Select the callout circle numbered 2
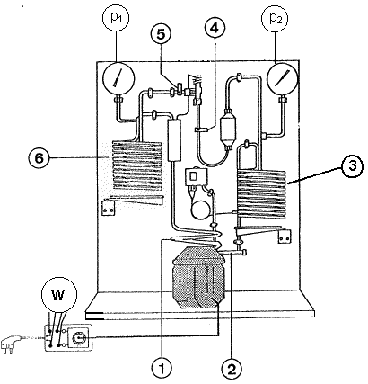tap(232, 369)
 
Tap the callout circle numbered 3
tap(353, 166)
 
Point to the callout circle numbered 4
tap(215, 28)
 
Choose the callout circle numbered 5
tap(161, 34)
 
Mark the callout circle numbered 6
tap(39, 158)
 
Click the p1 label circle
tap(116, 18)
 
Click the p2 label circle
tap(275, 19)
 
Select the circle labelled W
tap(59, 295)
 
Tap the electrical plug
tap(11, 344)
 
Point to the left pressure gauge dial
tap(118, 78)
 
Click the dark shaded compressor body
tap(198, 277)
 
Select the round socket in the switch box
tap(78, 338)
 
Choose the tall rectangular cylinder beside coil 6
tap(174, 139)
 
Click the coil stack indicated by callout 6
tap(137, 165)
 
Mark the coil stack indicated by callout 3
tap(261, 194)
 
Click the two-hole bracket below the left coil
tap(108, 208)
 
